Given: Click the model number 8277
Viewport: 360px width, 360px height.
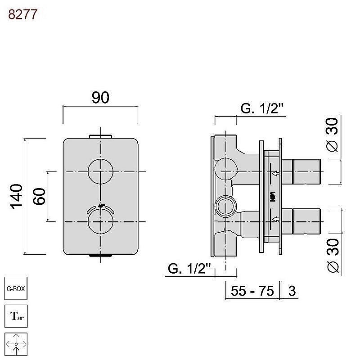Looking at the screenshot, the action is (22, 14).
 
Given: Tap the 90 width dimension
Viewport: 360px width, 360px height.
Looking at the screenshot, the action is (100, 98).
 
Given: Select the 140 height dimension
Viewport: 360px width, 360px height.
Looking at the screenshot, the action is (16, 197).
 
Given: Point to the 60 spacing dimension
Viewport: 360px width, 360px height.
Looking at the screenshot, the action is (39, 196).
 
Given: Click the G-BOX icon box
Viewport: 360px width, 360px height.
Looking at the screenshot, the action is (16, 288).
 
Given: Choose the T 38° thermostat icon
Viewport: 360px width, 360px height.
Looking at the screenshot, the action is (16, 316).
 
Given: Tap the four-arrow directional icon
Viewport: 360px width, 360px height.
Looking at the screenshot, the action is (16, 344).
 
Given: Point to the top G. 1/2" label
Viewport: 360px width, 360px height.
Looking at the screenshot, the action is (262, 108).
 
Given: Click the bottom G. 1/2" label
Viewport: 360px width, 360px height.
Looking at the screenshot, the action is (189, 268).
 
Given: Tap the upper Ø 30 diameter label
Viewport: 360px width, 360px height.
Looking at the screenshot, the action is (332, 135).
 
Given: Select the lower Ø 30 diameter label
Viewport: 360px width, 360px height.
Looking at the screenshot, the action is (333, 256).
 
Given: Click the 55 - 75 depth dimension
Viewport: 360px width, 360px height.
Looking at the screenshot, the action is (252, 291).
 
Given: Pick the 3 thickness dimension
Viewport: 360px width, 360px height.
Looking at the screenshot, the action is (292, 291).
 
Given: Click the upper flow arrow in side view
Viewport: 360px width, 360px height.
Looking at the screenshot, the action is (275, 173).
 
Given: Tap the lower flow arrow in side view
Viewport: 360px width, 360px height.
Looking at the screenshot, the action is (275, 219).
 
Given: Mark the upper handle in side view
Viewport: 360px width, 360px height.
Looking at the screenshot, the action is (301, 171).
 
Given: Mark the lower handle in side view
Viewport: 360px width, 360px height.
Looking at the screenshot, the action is (301, 221).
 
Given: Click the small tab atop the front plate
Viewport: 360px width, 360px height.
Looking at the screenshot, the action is (100, 137).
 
